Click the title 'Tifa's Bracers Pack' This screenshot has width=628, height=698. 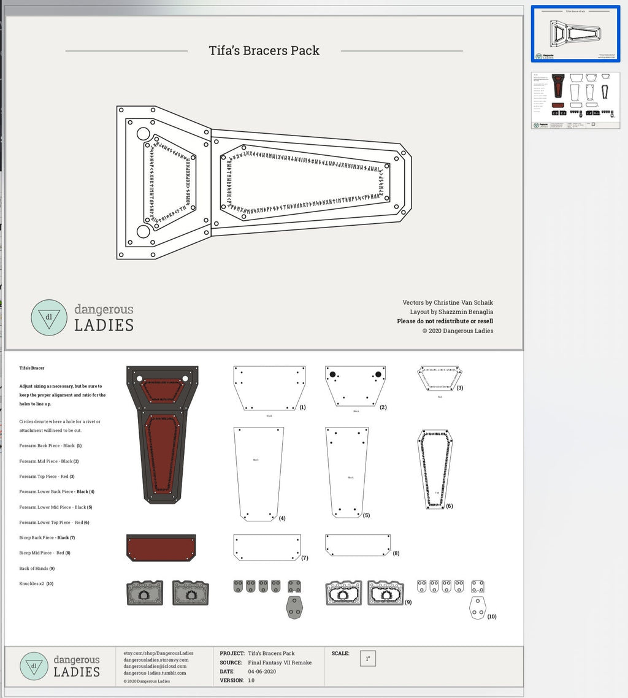(x=264, y=50)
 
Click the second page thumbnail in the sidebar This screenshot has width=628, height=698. (x=575, y=101)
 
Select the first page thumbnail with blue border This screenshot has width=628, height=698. (x=575, y=34)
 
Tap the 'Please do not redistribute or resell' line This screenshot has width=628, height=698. (x=445, y=321)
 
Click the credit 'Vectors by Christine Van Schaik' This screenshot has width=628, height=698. (x=448, y=302)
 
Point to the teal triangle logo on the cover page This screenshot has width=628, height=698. (x=48, y=317)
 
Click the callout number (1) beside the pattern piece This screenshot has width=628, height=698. (x=302, y=407)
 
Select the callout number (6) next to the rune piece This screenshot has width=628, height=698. (x=449, y=506)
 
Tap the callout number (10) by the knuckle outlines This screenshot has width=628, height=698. (x=491, y=616)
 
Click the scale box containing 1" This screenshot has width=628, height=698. (x=368, y=659)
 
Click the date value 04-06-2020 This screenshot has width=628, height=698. (x=261, y=672)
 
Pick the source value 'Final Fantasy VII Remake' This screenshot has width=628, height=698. (x=280, y=662)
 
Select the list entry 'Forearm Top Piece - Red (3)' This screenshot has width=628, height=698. (x=47, y=476)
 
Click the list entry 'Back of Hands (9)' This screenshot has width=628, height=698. (x=37, y=568)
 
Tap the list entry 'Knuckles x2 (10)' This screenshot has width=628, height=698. (x=36, y=583)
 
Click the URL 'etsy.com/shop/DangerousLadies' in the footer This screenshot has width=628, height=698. (x=158, y=653)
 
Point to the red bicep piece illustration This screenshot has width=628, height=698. (x=161, y=547)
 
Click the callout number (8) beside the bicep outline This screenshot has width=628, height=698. (x=396, y=553)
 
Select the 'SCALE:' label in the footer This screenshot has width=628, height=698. (x=340, y=653)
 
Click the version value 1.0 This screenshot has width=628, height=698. (x=251, y=680)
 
